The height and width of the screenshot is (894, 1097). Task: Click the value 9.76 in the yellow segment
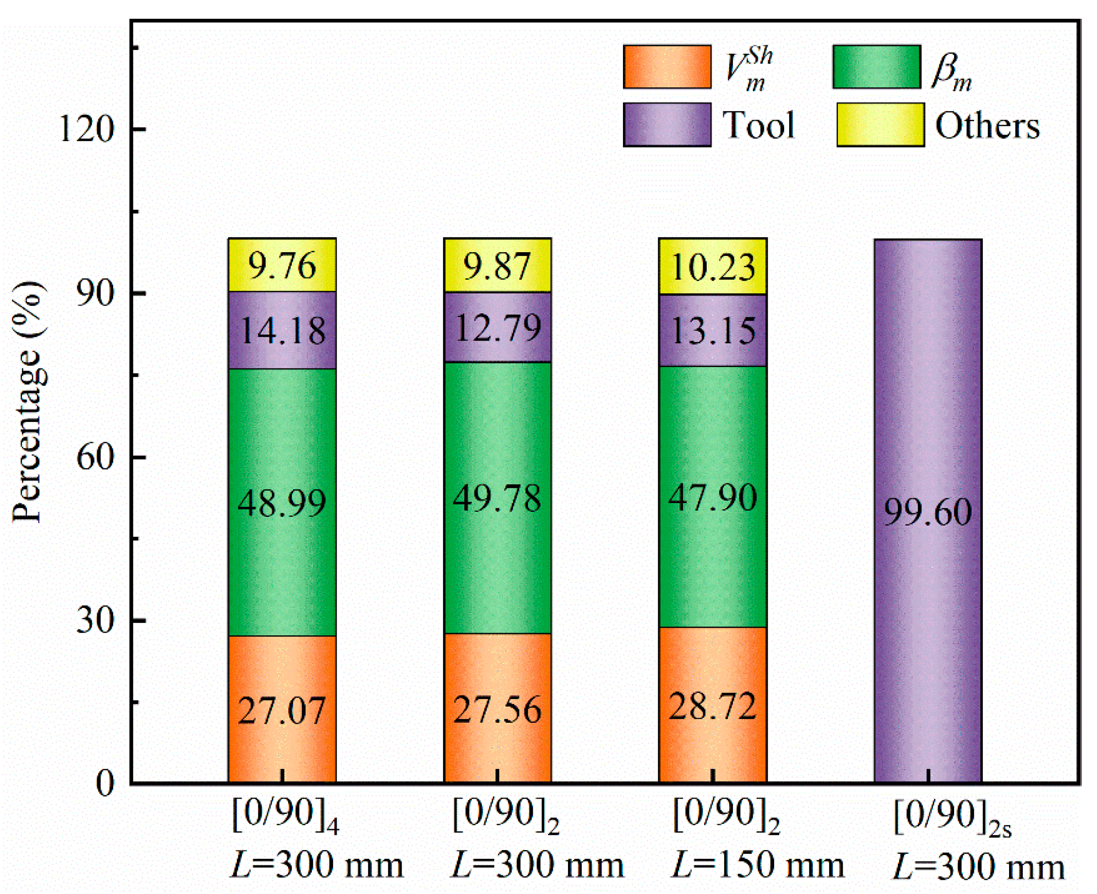pyautogui.click(x=282, y=266)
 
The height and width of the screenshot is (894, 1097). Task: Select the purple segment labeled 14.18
pyautogui.click(x=282, y=330)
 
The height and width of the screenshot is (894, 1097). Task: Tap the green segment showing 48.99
pyautogui.click(x=282, y=503)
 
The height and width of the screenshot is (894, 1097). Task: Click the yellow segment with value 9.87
pyautogui.click(x=497, y=266)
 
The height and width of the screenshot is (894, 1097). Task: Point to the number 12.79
pyautogui.click(x=498, y=328)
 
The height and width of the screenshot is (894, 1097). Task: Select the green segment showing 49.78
pyautogui.click(x=497, y=498)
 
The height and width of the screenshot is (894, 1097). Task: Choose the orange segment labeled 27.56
pyautogui.click(x=497, y=710)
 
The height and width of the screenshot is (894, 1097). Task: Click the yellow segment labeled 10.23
pyautogui.click(x=713, y=267)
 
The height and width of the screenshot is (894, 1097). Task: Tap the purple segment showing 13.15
pyautogui.click(x=713, y=330)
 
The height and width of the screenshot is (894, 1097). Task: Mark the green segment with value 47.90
pyautogui.click(x=713, y=498)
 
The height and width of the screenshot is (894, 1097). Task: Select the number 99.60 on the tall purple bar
pyautogui.click(x=928, y=512)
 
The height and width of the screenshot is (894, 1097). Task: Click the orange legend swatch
pyautogui.click(x=667, y=67)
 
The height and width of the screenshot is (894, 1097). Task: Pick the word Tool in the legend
pyautogui.click(x=759, y=125)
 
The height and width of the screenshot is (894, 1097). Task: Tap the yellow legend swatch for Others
pyautogui.click(x=880, y=125)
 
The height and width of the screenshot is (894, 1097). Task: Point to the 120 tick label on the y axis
pyautogui.click(x=86, y=129)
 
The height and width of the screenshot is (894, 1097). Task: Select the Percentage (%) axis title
pyautogui.click(x=28, y=402)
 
